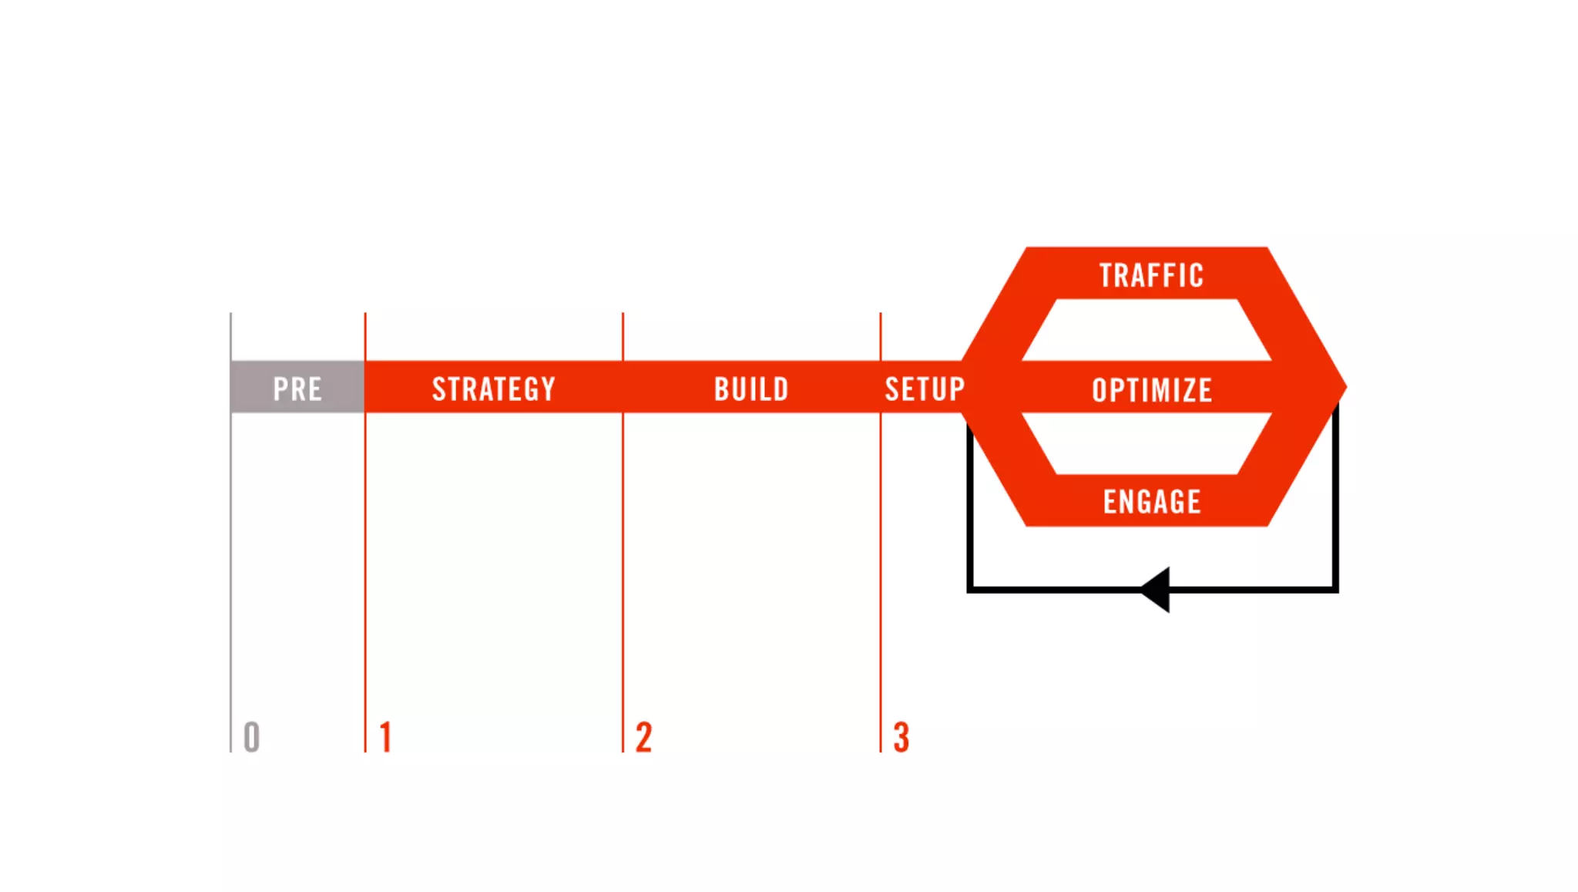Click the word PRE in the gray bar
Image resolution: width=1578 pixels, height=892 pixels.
[297, 389]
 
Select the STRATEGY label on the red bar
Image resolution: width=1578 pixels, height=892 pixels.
[493, 389]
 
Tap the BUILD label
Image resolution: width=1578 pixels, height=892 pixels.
[751, 389]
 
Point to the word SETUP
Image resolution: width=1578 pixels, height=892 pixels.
[925, 389]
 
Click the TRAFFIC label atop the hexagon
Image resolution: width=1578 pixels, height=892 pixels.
[1151, 275]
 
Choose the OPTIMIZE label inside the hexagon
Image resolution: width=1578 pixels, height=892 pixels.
[1152, 390]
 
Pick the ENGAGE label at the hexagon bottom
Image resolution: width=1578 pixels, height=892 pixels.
[1152, 502]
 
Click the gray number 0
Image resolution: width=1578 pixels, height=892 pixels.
[252, 737]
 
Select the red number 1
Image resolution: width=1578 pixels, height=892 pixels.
[386, 737]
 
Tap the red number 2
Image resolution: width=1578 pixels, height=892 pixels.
[644, 737]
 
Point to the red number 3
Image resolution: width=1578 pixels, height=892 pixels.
[901, 737]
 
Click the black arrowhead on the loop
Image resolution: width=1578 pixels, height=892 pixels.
[1157, 590]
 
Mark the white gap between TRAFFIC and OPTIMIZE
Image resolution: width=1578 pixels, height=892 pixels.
[1147, 330]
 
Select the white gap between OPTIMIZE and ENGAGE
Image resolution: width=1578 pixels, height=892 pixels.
[1147, 443]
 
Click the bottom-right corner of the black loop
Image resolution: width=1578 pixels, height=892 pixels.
[1335, 590]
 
